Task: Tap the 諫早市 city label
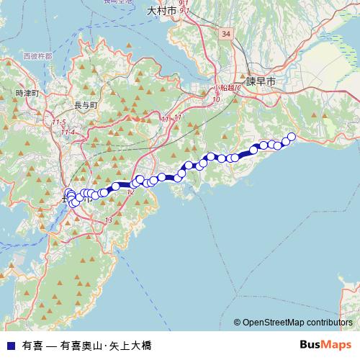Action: pos(261,83)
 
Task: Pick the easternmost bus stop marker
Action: pos(292,137)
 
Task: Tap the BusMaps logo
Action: pos(325,344)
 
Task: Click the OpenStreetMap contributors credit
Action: pos(297,323)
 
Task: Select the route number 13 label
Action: pos(109,220)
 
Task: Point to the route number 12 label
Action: pos(130,192)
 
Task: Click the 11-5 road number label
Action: pos(58,122)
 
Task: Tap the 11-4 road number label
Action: pos(68,132)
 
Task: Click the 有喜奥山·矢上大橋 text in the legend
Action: pos(106,346)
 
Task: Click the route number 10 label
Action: pos(216,100)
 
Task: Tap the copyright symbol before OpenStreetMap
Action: pos(237,323)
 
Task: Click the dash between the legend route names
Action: pos(51,346)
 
